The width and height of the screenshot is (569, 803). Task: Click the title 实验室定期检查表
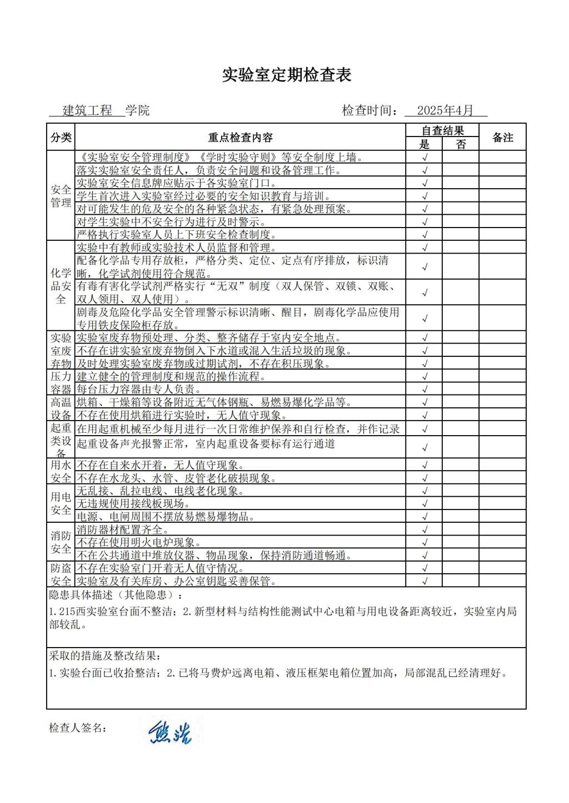[x=287, y=75]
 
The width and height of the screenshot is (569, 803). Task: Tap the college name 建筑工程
[x=87, y=110]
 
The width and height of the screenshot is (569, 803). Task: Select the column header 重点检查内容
[x=240, y=138]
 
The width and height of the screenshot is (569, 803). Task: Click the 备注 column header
[x=503, y=138]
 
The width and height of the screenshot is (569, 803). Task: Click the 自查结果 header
[x=442, y=130]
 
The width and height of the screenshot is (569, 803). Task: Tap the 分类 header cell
[x=61, y=138]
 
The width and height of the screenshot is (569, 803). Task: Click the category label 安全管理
[x=61, y=196]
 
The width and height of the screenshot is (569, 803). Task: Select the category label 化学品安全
[x=61, y=286]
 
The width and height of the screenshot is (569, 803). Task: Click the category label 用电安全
[x=61, y=504]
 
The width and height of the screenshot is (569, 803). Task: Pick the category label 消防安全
[x=61, y=543]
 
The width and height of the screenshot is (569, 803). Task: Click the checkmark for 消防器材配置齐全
[x=425, y=530]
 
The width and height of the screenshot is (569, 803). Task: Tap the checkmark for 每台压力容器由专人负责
[x=425, y=390]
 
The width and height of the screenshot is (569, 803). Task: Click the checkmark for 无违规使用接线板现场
[x=425, y=504]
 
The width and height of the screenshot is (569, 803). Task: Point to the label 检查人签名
[x=77, y=728]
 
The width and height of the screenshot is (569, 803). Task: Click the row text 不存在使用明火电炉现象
[x=138, y=543]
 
